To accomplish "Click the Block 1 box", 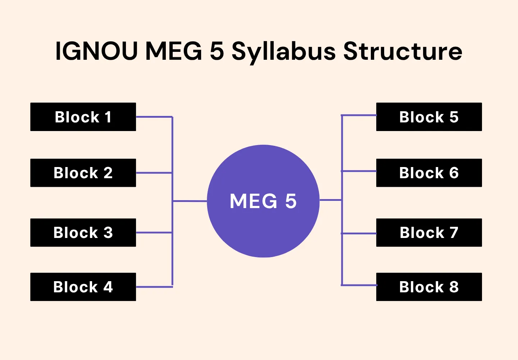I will (83, 117).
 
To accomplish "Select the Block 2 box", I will (83, 173).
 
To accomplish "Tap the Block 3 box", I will (83, 233).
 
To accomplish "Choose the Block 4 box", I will (83, 287).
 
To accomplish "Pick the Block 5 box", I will (429, 117).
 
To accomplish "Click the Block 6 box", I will (429, 173).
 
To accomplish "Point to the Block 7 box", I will (429, 233).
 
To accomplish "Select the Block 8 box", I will (429, 287).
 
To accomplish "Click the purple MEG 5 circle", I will (263, 223).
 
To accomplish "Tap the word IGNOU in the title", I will (96, 51).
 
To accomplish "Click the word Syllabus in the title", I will (283, 51).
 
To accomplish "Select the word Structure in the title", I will (403, 51).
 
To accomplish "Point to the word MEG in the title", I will (174, 51).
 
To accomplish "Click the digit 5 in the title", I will (217, 51).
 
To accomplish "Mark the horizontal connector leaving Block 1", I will (154, 117).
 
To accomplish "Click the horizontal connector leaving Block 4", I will (154, 287).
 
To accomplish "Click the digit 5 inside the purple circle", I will (291, 201).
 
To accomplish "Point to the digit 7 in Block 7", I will (454, 233).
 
